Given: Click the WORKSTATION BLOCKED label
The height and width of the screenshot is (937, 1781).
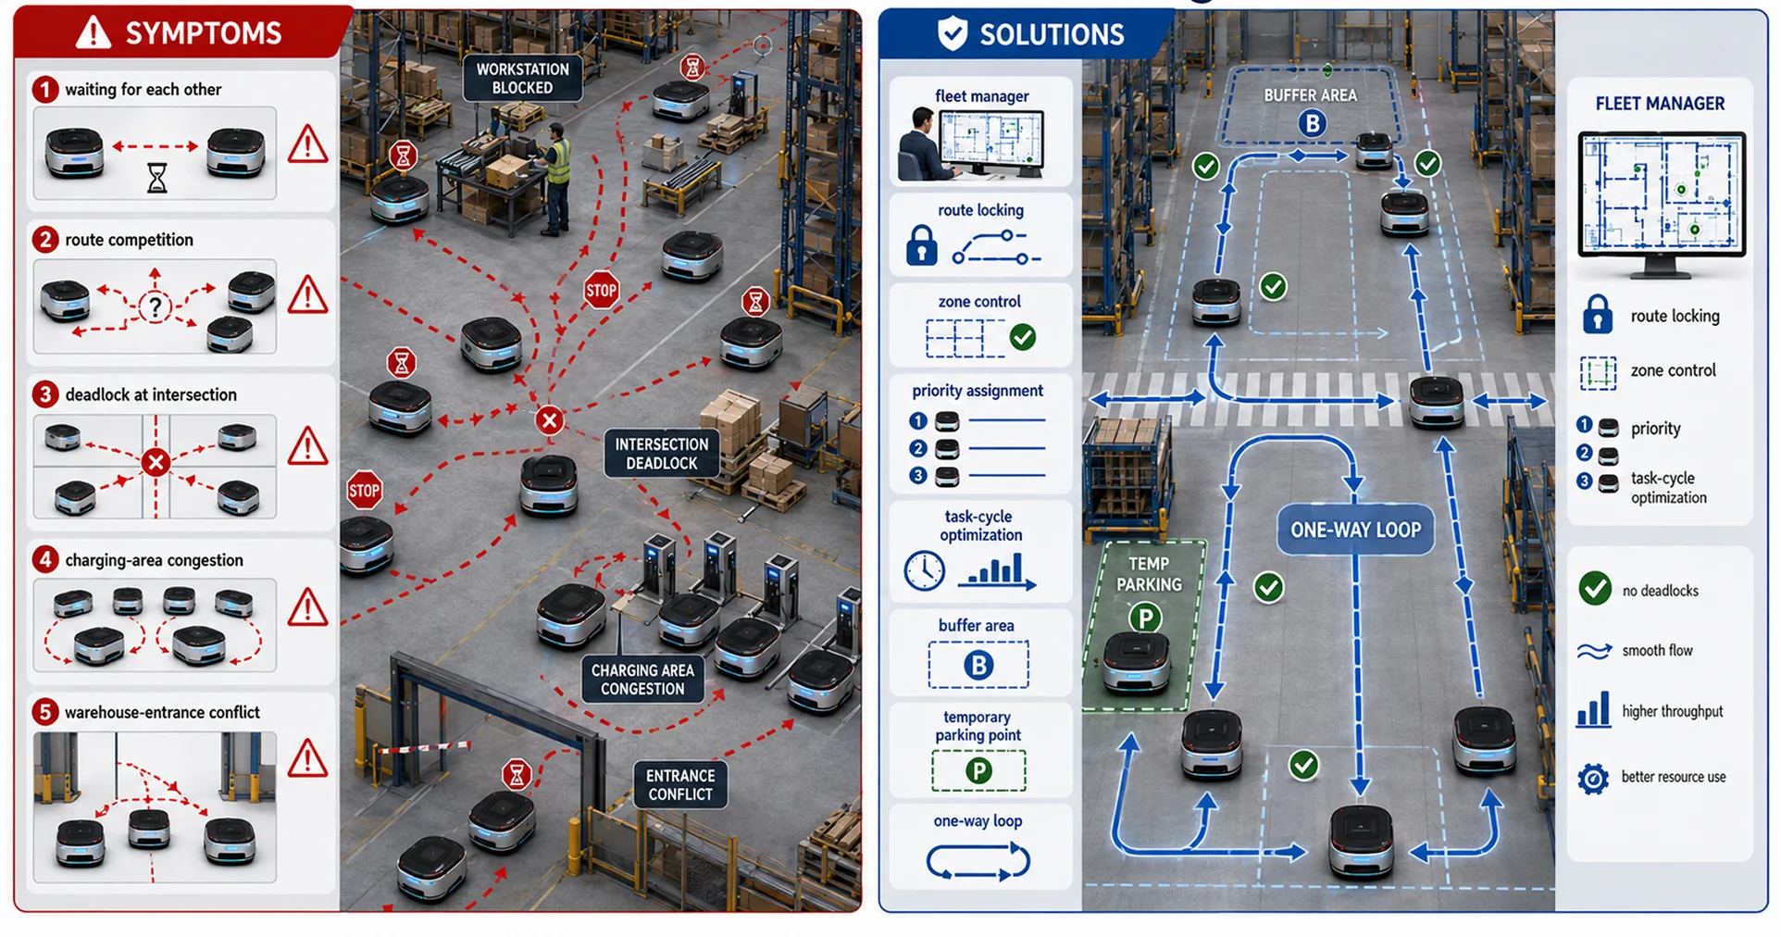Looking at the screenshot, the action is pyautogui.click(x=522, y=78).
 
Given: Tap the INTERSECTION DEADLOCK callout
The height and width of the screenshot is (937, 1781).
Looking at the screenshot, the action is pyautogui.click(x=661, y=454).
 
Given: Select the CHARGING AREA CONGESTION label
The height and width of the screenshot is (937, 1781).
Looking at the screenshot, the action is pyautogui.click(x=642, y=679).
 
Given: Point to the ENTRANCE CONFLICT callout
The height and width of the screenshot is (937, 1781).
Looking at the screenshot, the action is pyautogui.click(x=680, y=784).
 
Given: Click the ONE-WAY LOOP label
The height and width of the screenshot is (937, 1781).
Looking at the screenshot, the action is pyautogui.click(x=1355, y=530).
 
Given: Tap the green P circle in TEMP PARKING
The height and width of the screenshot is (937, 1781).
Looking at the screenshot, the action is pyautogui.click(x=1145, y=618).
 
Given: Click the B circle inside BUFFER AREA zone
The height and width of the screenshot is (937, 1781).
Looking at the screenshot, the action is pyautogui.click(x=1312, y=123).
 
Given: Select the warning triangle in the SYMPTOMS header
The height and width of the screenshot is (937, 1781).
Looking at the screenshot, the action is pyautogui.click(x=93, y=33).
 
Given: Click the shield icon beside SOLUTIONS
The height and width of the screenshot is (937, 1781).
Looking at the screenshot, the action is pyautogui.click(x=953, y=34).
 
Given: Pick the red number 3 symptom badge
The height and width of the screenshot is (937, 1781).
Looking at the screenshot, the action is pyautogui.click(x=44, y=394).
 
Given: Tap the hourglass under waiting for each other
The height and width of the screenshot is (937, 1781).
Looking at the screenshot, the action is pyautogui.click(x=157, y=178).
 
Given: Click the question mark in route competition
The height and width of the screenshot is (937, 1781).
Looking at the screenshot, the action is pyautogui.click(x=156, y=306).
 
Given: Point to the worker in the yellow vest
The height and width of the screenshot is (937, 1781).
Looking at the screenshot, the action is pyautogui.click(x=556, y=176).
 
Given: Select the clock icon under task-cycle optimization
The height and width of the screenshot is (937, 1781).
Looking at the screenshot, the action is pyautogui.click(x=924, y=570).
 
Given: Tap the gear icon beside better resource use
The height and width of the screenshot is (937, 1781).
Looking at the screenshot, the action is pyautogui.click(x=1592, y=778).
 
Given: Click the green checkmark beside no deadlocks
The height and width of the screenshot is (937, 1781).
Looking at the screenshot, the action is pyautogui.click(x=1595, y=589).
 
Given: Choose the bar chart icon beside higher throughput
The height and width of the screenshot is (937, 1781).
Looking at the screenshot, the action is pyautogui.click(x=1592, y=711).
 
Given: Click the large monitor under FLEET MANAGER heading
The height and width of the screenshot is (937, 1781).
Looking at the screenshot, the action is pyautogui.click(x=1662, y=205).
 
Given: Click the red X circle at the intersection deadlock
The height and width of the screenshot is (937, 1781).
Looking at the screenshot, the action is pyautogui.click(x=549, y=420).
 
